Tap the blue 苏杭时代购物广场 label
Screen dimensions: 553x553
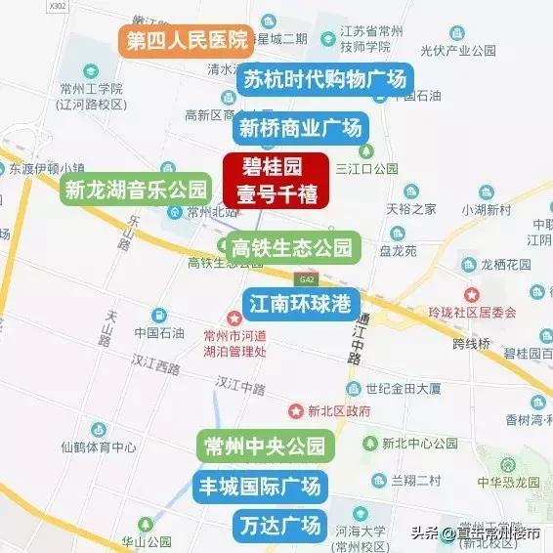click(x=323, y=79)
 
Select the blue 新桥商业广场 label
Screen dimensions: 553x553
click(x=300, y=127)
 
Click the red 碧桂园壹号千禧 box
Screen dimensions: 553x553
click(x=276, y=179)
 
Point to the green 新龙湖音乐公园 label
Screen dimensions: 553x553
click(x=136, y=189)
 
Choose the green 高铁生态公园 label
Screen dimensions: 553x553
click(x=291, y=247)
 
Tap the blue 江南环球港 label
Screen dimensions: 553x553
click(x=300, y=303)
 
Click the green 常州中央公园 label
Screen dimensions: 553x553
click(x=264, y=447)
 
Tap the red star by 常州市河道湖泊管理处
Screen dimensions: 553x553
click(x=234, y=319)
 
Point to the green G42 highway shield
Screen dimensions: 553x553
click(x=310, y=278)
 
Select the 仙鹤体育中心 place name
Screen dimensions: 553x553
click(x=98, y=447)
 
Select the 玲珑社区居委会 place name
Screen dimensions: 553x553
click(x=498, y=313)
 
